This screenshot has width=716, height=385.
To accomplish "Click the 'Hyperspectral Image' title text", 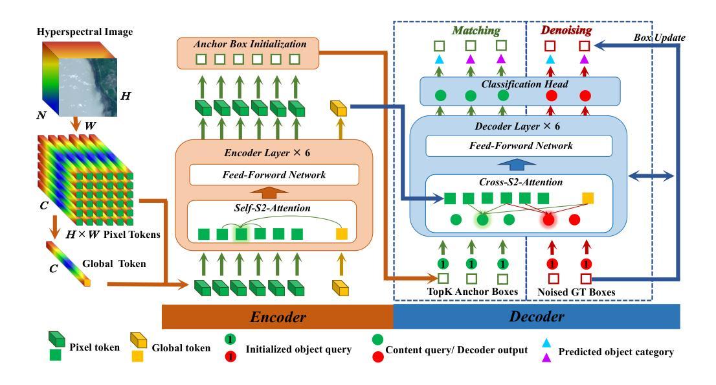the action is pyautogui.click(x=85, y=32).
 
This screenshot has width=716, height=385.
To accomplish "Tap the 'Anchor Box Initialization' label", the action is pyautogui.click(x=250, y=44).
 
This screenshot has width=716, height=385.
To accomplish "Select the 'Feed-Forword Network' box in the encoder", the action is pyautogui.click(x=274, y=174).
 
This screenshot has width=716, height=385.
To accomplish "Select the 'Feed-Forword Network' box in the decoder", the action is pyautogui.click(x=519, y=146).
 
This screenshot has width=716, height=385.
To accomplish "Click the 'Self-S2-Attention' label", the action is pyautogui.click(x=272, y=208).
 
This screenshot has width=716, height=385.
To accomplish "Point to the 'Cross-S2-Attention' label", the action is pyautogui.click(x=520, y=182).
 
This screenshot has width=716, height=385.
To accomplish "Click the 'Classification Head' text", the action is pyautogui.click(x=524, y=84).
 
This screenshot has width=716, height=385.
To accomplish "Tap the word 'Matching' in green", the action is pyautogui.click(x=476, y=30).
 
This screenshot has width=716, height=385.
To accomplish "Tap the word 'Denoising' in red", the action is pyautogui.click(x=566, y=30).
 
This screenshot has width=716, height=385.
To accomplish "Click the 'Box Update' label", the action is pyautogui.click(x=660, y=38).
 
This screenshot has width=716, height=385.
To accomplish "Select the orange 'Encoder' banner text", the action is pyautogui.click(x=278, y=317).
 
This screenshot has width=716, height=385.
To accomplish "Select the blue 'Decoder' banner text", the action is pyautogui.click(x=537, y=316).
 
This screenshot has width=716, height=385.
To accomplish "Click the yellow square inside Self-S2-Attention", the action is pyautogui.click(x=342, y=234).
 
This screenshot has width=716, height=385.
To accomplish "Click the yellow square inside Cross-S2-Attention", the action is pyautogui.click(x=588, y=198).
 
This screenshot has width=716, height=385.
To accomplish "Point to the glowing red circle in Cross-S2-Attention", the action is pyautogui.click(x=548, y=220).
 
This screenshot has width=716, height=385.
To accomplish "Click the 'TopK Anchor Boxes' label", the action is pyautogui.click(x=473, y=292).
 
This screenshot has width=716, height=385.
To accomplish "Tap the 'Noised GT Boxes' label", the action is pyautogui.click(x=576, y=292).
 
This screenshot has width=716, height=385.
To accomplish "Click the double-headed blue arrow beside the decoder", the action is pyautogui.click(x=651, y=176).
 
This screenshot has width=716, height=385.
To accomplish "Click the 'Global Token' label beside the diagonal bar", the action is pyautogui.click(x=114, y=264).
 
